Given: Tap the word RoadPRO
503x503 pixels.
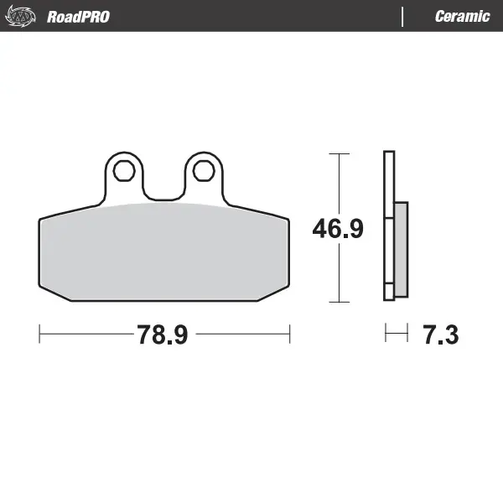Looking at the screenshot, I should click(x=78, y=17).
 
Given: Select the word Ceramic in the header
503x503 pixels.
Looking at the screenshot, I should click(x=462, y=17).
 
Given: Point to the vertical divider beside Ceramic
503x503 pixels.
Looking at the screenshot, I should click(x=403, y=17).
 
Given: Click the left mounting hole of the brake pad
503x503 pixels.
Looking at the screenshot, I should click(x=124, y=171).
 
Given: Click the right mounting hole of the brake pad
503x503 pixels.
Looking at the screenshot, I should click(x=203, y=171).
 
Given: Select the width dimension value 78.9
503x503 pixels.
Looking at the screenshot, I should click(x=163, y=335).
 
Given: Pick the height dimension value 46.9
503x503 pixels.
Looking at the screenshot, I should click(x=338, y=229).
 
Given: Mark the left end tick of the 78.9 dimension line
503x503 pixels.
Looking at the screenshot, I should click(x=39, y=334).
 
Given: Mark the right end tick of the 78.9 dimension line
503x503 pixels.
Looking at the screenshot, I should click(x=289, y=334).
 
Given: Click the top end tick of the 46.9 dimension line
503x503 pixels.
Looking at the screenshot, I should click(x=338, y=154).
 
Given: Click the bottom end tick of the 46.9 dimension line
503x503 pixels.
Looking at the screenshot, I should click(x=338, y=301).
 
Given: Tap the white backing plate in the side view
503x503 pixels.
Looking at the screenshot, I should click(x=388, y=184).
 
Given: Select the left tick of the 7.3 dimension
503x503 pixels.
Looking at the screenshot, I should click(x=386, y=334).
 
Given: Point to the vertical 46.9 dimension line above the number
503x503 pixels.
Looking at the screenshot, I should click(x=338, y=184).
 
